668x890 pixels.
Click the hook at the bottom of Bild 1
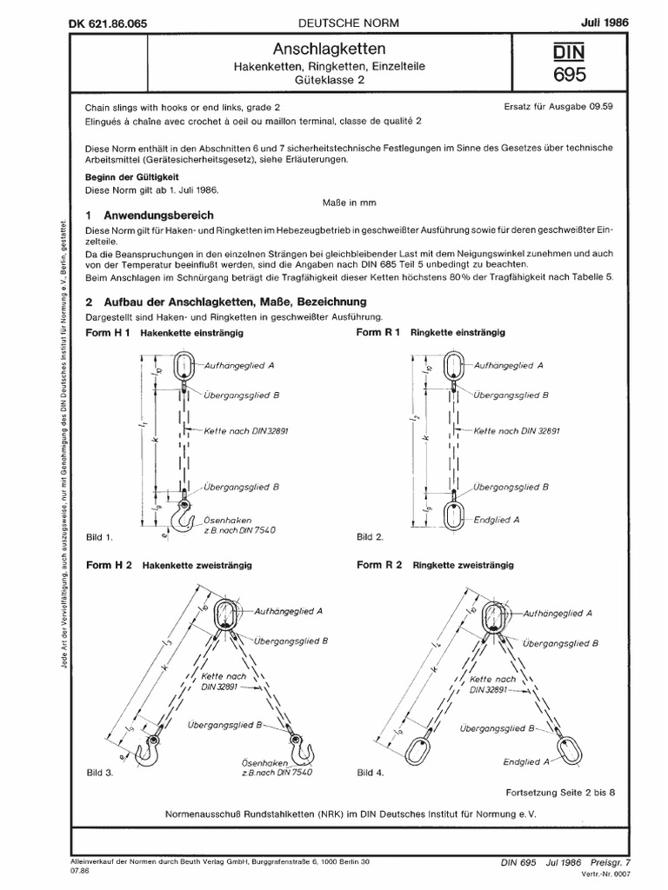[184, 521]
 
